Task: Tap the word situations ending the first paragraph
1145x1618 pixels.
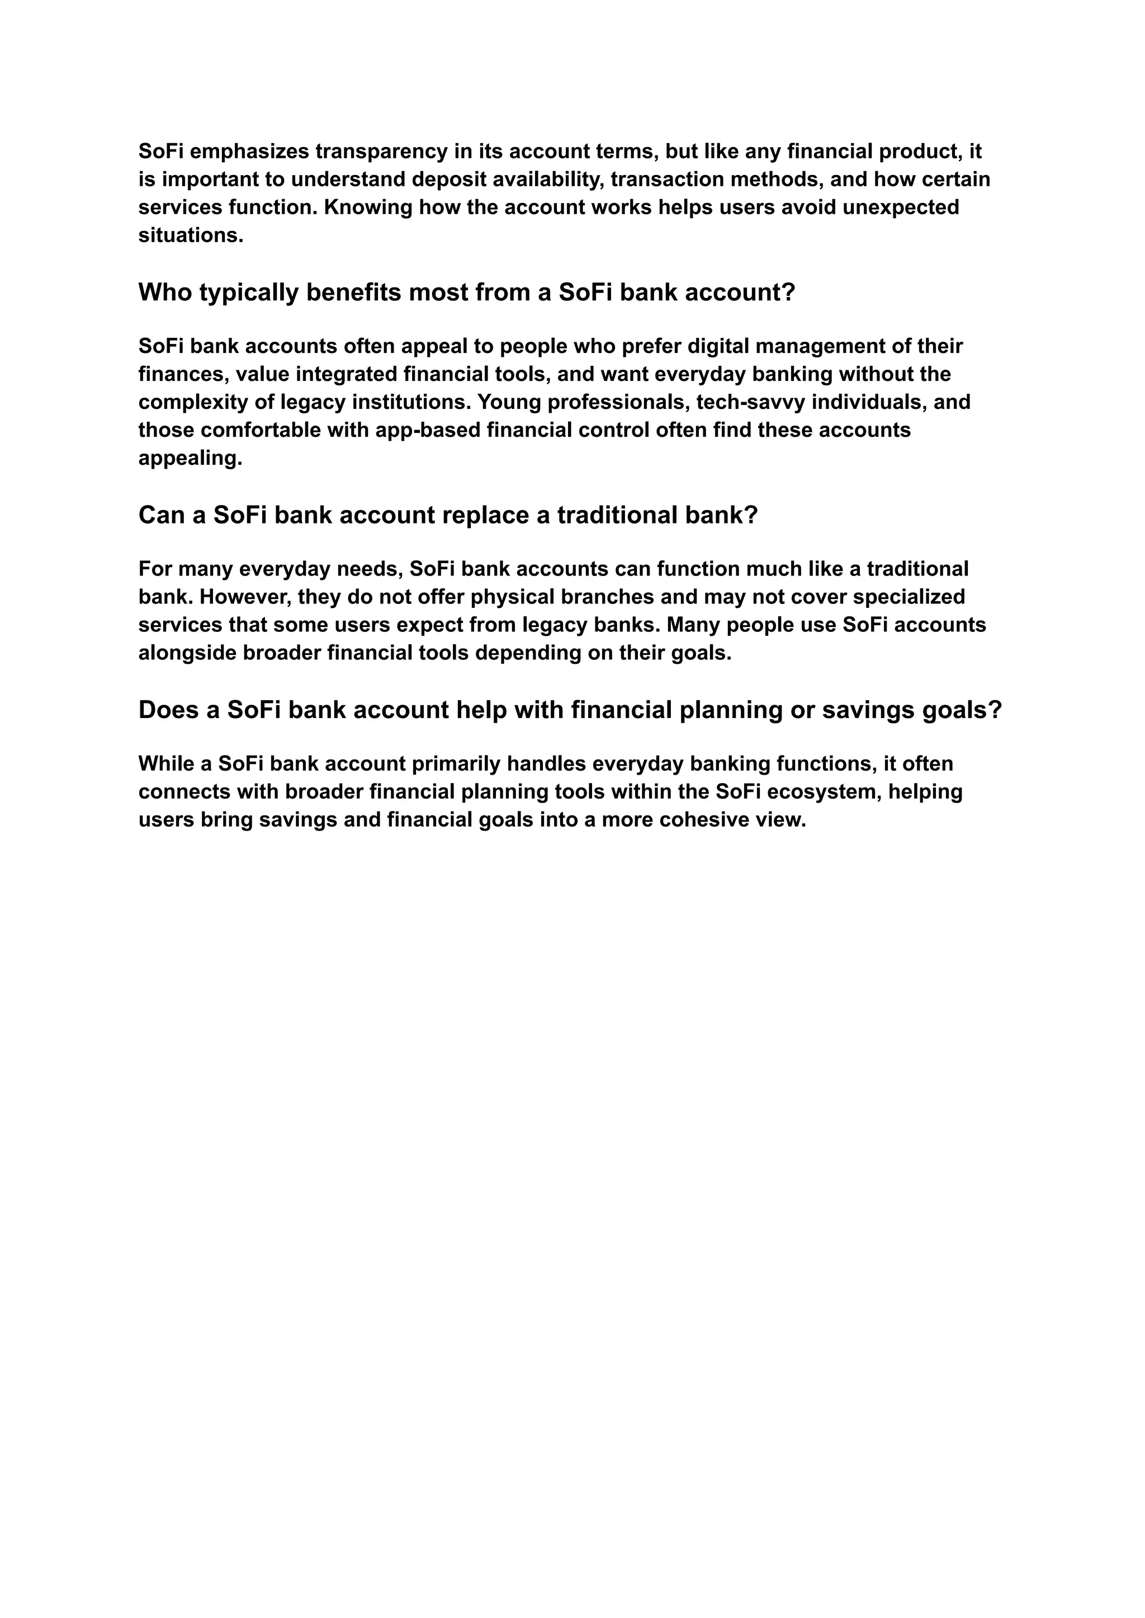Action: tap(190, 235)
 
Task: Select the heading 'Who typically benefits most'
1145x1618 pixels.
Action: tap(466, 292)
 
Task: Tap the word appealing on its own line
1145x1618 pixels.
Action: tap(190, 459)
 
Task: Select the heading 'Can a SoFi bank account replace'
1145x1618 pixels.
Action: tap(447, 515)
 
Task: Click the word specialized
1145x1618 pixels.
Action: tap(909, 597)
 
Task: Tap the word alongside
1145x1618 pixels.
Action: tap(187, 653)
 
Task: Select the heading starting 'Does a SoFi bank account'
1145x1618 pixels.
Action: tap(569, 710)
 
